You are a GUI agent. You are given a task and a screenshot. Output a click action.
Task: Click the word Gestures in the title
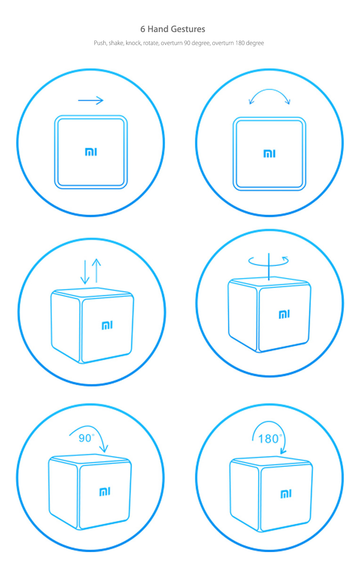pos(188,29)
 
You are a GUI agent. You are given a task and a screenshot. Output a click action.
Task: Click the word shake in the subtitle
pos(116,43)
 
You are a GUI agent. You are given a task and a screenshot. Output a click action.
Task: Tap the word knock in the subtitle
pos(133,43)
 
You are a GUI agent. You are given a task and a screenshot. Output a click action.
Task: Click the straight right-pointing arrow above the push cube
pos(91,100)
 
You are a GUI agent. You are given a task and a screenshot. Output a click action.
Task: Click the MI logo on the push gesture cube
pos(91,152)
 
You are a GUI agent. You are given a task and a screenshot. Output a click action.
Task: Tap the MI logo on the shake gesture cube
pos(269,154)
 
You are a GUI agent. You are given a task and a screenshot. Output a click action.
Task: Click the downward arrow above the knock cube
pos(85,272)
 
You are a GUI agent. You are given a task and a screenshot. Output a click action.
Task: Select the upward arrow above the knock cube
pos(96,270)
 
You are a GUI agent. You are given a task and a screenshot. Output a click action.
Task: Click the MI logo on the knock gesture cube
pos(107,326)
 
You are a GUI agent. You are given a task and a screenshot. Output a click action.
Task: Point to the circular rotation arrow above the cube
pos(269,261)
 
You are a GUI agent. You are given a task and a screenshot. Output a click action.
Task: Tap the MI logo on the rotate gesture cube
pos(284,314)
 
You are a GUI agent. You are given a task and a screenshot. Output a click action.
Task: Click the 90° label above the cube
pos(86,438)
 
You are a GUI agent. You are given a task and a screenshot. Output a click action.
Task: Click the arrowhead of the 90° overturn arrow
pos(104,449)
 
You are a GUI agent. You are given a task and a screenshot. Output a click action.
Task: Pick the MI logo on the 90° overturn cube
pos(104,492)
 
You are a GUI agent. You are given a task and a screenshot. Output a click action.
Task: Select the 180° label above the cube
pos(269,439)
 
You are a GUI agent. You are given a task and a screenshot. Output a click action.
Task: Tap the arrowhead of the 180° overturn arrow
pos(283,451)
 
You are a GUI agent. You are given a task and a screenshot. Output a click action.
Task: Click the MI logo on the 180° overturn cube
pos(286,494)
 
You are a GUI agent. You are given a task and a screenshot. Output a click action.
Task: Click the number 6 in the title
pos(143,29)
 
